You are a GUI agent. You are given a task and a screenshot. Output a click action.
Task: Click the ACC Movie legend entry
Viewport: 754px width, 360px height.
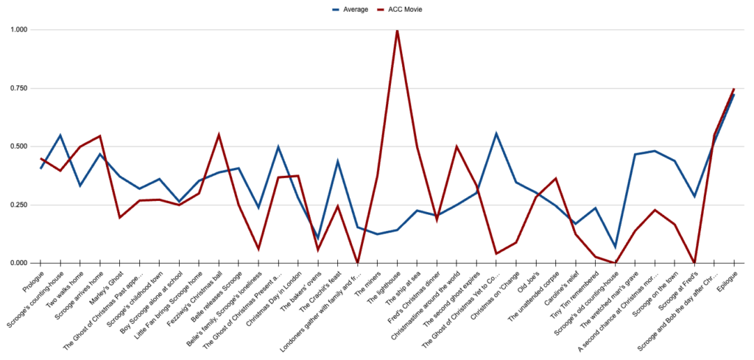click(x=405, y=10)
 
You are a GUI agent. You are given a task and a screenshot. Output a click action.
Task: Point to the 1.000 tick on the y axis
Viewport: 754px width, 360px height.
click(x=19, y=29)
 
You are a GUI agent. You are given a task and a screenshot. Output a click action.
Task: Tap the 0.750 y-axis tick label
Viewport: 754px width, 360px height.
click(x=19, y=88)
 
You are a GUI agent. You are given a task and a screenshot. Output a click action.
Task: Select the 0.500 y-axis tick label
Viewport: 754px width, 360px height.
click(x=19, y=147)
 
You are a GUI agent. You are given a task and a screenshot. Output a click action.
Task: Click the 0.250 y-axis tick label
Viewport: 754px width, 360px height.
click(x=19, y=205)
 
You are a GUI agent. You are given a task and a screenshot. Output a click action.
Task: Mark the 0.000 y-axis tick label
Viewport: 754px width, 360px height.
click(x=19, y=263)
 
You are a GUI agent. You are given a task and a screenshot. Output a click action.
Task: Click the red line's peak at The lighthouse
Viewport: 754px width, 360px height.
click(x=398, y=30)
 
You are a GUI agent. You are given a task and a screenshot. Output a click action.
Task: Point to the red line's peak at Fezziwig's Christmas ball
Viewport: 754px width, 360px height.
click(x=219, y=135)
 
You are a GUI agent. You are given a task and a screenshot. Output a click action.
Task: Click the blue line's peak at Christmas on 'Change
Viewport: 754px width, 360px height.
click(x=496, y=133)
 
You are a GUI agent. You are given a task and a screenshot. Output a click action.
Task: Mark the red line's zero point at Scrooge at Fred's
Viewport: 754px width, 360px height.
click(x=694, y=262)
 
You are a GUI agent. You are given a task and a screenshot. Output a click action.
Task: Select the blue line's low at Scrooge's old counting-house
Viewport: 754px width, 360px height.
click(x=615, y=247)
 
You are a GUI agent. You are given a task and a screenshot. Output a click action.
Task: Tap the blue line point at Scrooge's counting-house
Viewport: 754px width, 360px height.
click(x=60, y=135)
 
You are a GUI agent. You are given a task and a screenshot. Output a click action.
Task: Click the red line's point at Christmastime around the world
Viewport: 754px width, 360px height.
click(x=457, y=147)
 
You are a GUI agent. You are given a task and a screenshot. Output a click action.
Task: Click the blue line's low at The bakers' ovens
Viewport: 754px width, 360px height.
click(x=318, y=238)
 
